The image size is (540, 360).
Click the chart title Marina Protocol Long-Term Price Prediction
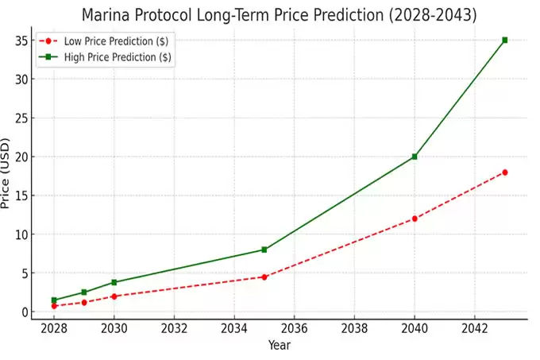coord(280,15)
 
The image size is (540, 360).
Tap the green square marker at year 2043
coord(504,40)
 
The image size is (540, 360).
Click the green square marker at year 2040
coord(415,157)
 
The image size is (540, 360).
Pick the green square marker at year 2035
coord(264,250)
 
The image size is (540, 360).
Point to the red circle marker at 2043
coord(504,172)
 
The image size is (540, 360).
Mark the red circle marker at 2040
coord(415,219)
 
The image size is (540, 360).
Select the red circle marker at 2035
coord(264,277)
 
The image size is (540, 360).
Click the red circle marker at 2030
coord(114,296)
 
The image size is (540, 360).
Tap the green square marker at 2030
coord(114,282)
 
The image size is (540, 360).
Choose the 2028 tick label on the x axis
coord(54,328)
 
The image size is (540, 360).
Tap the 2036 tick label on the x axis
coord(294,328)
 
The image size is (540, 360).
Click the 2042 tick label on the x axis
coord(474,328)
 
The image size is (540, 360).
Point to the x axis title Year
coord(279,346)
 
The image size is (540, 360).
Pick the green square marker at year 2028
coord(54,300)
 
